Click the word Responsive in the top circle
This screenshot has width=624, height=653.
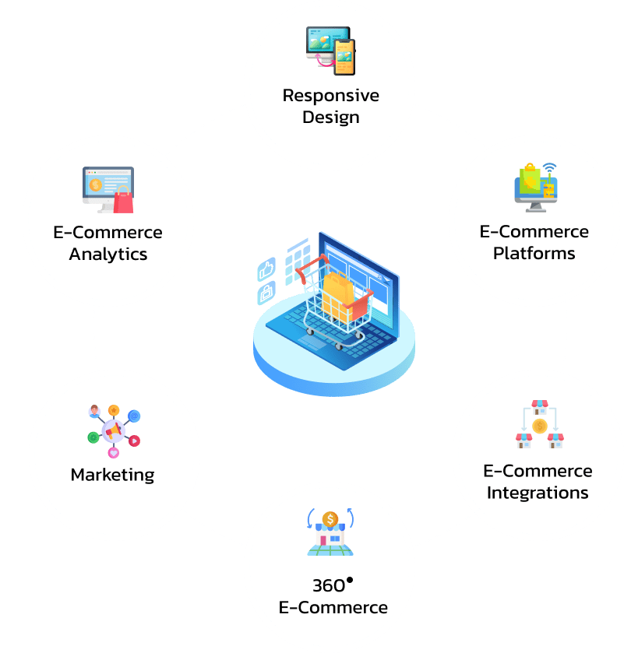[331, 96]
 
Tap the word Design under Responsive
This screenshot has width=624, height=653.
[331, 118]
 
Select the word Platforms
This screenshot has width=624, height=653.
[534, 253]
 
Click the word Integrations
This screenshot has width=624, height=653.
[538, 493]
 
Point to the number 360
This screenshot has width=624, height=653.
[328, 586]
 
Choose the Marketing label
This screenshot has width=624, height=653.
[112, 475]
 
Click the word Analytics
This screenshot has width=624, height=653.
[108, 255]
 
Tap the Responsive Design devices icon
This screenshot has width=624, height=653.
[330, 51]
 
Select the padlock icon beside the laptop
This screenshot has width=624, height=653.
[266, 293]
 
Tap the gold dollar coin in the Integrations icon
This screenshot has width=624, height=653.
[539, 426]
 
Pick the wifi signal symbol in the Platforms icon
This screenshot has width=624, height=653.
[551, 168]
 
